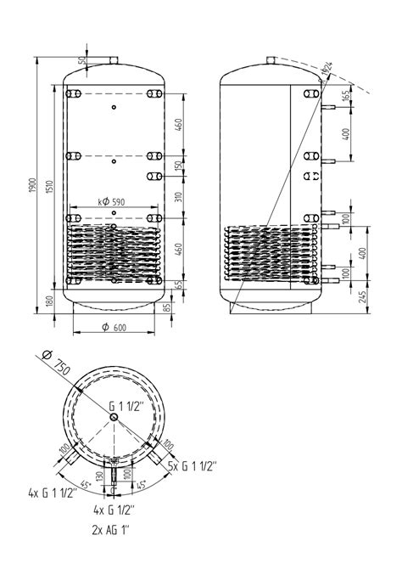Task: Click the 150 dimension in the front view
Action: click(x=177, y=166)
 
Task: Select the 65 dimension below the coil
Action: click(x=177, y=285)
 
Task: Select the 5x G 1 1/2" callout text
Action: click(x=193, y=465)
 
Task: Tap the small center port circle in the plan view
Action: click(x=113, y=416)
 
